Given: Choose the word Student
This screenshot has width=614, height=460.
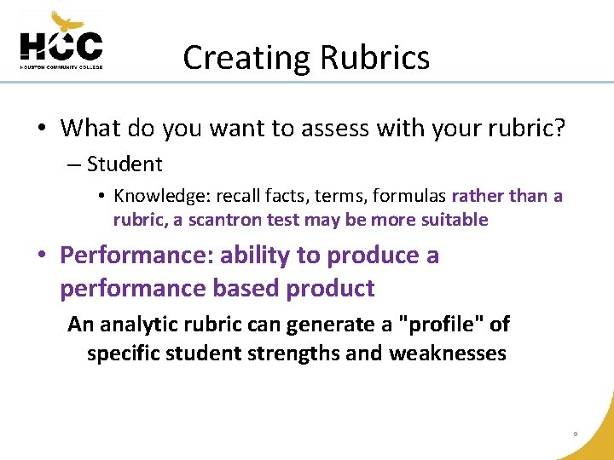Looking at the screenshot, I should tap(125, 164).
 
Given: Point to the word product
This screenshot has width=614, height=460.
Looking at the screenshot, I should tap(330, 289).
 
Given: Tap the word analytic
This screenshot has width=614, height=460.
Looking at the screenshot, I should tap(144, 325).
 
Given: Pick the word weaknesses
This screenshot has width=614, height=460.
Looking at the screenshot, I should tap(448, 353).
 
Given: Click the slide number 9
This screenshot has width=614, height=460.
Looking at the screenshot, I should tap(576, 434).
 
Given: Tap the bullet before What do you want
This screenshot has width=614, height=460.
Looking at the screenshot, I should tap(41, 129).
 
